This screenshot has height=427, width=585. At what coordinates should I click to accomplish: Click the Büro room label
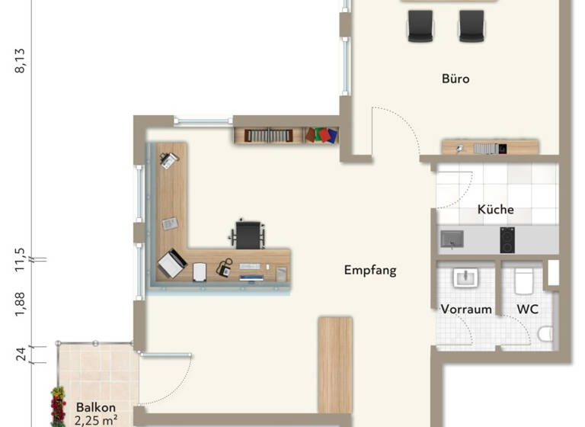pos(456,79)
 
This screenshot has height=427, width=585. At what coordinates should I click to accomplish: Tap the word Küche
pos(496,209)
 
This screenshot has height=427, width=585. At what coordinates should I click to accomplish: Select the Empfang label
pos(370,270)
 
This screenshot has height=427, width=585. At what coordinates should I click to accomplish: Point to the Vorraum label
pos(466,309)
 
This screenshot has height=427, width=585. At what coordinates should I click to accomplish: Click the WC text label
pos(528,309)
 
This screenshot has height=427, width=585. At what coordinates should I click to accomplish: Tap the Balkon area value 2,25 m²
pos(96,419)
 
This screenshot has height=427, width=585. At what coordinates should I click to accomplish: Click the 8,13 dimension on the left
pos(20,61)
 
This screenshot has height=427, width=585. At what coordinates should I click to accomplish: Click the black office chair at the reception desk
pos(248,233)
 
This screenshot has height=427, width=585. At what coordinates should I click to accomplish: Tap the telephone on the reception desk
pos(224,268)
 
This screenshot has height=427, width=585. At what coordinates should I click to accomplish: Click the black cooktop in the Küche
pos(507,239)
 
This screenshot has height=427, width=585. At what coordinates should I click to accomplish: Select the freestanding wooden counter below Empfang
pos(335,364)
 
